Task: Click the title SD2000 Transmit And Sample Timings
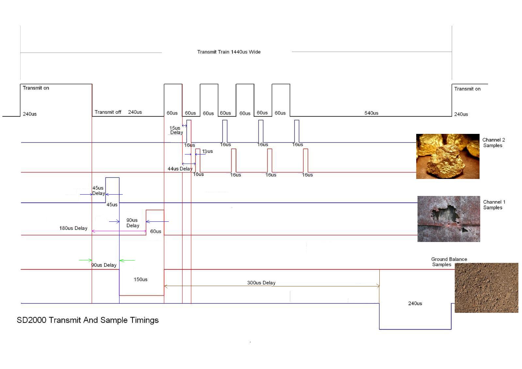click(x=87, y=320)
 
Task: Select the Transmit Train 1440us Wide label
click(x=229, y=52)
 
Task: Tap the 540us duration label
click(x=371, y=113)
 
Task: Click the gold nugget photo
click(x=448, y=156)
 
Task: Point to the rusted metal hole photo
click(x=449, y=219)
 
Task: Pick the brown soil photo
click(x=486, y=288)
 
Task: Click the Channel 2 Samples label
click(x=494, y=142)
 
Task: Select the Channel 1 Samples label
click(x=494, y=205)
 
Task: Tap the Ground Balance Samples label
click(x=449, y=262)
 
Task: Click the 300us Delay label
click(x=261, y=283)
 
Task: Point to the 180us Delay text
click(x=73, y=228)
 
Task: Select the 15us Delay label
click(x=176, y=130)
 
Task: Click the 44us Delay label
click(x=180, y=168)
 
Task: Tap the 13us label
click(x=207, y=151)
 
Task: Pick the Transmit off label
click(x=108, y=112)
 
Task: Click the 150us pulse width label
click(x=140, y=280)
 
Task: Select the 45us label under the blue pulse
click(x=112, y=205)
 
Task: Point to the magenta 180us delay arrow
click(x=119, y=231)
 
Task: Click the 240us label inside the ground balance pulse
click(x=415, y=303)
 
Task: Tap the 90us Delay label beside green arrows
click(x=104, y=265)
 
